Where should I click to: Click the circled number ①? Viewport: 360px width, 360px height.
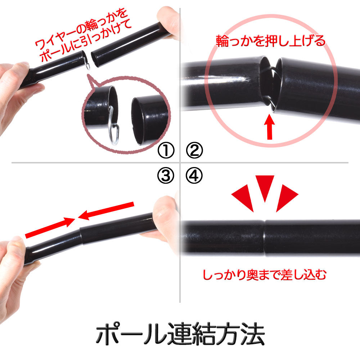(x=166, y=150)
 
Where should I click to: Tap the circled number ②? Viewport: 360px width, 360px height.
(x=194, y=150)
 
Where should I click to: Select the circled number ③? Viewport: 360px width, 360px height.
(x=166, y=176)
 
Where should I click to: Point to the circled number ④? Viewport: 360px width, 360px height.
(x=194, y=176)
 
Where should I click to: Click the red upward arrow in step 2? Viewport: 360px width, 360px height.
(x=270, y=128)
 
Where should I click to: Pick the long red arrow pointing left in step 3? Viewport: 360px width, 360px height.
(x=106, y=211)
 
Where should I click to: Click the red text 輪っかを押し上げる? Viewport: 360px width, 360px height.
(x=271, y=41)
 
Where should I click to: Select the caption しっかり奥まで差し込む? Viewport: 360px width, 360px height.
(x=265, y=275)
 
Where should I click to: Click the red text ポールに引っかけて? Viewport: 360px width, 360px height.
(x=86, y=41)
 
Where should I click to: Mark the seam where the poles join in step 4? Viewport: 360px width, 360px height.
(x=265, y=238)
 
